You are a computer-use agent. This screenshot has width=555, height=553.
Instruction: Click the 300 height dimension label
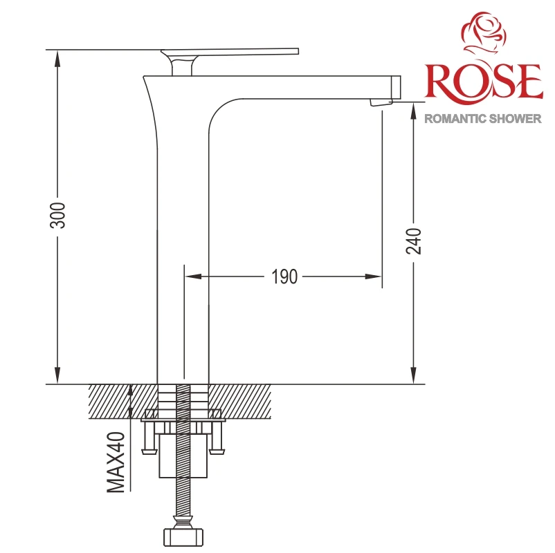[x=57, y=216]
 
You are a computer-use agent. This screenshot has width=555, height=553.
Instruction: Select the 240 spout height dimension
[x=413, y=241]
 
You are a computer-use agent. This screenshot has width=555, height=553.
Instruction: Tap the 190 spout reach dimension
[x=284, y=276]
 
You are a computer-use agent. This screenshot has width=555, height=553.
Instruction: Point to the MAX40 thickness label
[x=116, y=462]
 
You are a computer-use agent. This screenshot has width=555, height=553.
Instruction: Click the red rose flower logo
[x=484, y=35]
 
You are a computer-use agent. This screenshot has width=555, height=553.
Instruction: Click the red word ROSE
[x=484, y=82]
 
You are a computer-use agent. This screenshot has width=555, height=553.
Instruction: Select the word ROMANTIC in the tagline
[x=453, y=118]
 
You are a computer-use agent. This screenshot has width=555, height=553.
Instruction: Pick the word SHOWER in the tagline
[x=512, y=118]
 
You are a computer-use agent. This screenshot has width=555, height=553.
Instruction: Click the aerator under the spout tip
[x=381, y=102]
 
